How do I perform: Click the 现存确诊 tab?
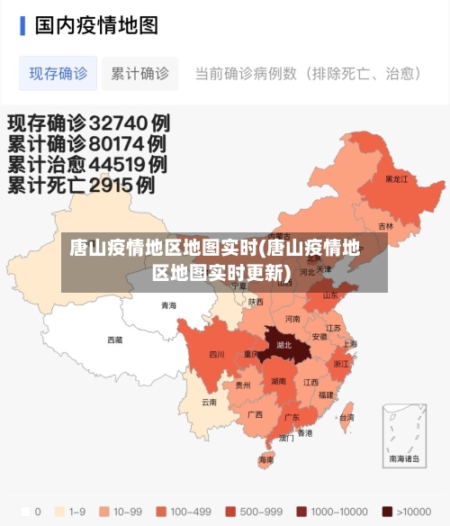pos(58,74)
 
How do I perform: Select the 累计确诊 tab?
pos(139,74)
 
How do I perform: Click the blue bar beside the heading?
pos(22,24)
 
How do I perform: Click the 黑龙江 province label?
pos(396,179)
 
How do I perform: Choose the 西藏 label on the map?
pos(115,340)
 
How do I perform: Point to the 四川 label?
pos(217,355)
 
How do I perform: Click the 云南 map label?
pos(209,402)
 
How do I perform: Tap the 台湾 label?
pos(346,418)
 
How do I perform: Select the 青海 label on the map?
pos(168,305)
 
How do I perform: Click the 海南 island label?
pos(266,459)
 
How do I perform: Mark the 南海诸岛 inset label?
pos(404,458)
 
